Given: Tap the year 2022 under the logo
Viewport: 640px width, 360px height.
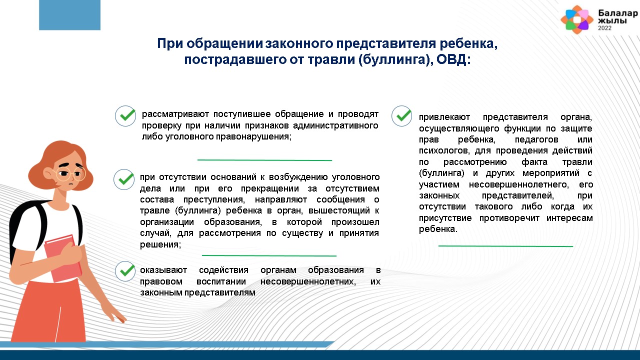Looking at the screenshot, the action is (605, 28).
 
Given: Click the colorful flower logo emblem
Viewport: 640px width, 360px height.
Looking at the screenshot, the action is (577, 19).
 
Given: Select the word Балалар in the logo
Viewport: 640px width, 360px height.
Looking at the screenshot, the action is (618, 13).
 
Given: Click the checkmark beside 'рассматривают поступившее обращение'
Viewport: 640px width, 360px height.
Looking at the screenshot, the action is (125, 115).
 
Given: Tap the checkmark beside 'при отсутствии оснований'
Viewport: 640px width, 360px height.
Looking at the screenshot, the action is (124, 179).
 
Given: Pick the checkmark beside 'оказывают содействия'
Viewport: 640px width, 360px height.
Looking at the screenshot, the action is (125, 271).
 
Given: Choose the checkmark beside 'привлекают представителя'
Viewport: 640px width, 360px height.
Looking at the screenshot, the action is (401, 115).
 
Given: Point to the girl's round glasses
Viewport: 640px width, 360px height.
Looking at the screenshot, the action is (70, 173).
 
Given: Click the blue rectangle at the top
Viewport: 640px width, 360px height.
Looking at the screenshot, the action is (69, 15).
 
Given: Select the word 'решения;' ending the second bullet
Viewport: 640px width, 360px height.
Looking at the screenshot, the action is (160, 244).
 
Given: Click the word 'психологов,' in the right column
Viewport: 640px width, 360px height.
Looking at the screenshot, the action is (444, 150).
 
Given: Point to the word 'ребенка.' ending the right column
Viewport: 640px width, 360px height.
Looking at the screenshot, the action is (438, 229).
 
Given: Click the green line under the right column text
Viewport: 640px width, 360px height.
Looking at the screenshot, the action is (505, 246).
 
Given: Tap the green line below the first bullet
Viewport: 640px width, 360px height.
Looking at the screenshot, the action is (264, 160).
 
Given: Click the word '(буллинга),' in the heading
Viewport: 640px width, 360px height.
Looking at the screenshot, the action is (395, 59).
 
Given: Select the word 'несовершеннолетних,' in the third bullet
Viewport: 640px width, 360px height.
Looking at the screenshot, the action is (308, 281).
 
